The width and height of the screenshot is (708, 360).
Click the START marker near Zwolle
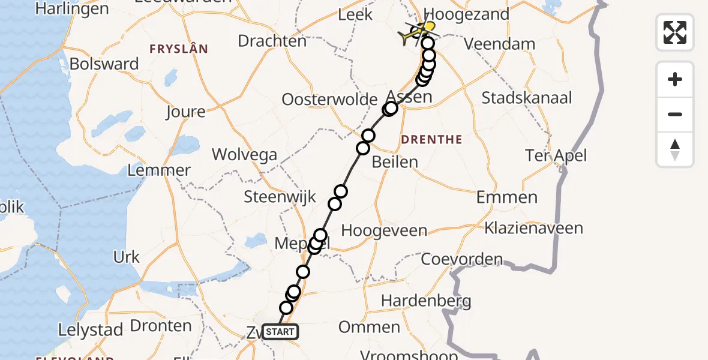coord(280,332)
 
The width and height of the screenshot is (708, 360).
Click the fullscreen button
coord(675,32)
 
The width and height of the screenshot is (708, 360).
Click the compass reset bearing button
coord(675,149)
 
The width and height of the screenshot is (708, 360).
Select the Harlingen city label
coord(72,9)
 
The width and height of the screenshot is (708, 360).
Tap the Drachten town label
coord(272,41)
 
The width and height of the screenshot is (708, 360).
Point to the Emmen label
coord(507,197)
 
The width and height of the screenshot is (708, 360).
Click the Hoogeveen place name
coord(384,230)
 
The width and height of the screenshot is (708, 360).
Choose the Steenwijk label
coord(280,197)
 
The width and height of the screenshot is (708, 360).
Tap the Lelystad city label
coord(91,329)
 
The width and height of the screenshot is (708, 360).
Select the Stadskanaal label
coord(527,98)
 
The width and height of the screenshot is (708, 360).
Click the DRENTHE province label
coord(431,140)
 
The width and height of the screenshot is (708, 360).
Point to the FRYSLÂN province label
coord(178,49)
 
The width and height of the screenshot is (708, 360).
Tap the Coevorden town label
coord(461,259)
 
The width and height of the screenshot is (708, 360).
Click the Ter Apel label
coord(556,156)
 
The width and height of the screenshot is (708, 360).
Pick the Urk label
coord(126,257)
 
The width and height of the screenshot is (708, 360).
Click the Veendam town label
coord(500,44)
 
